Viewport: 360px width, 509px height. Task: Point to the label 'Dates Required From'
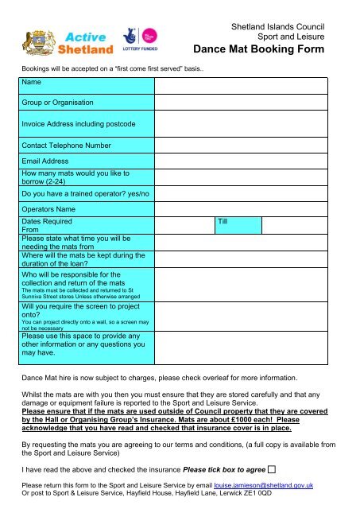pyautogui.click(x=46, y=225)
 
